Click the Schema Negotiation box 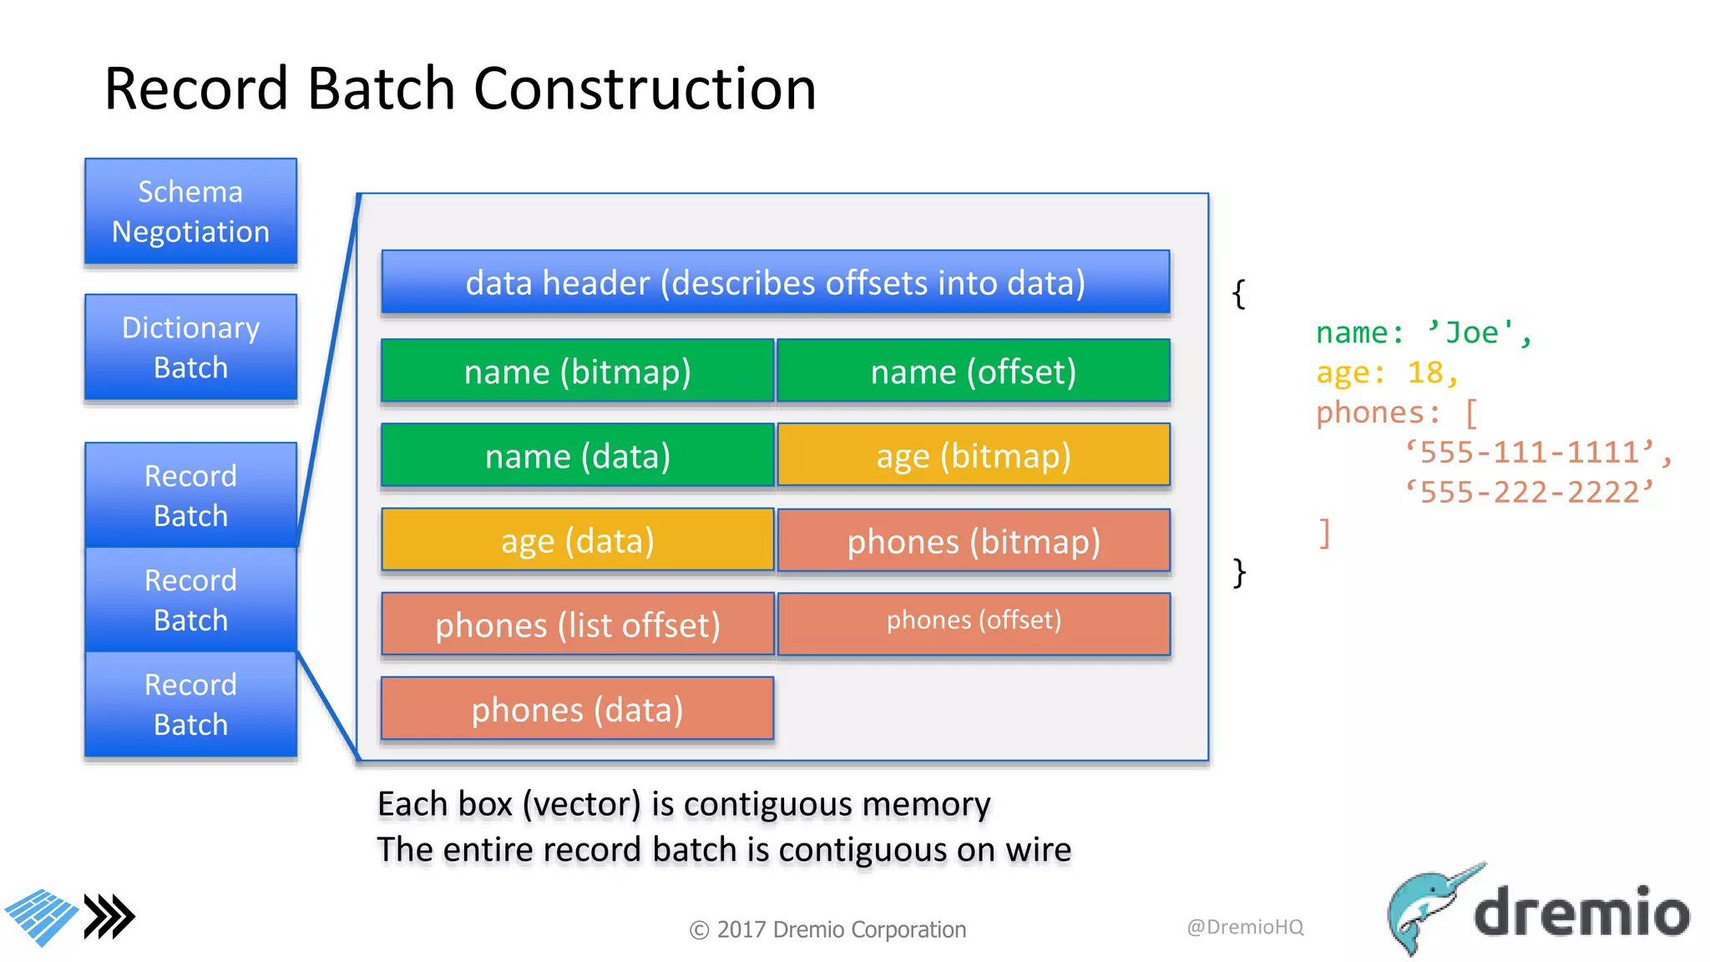(190, 211)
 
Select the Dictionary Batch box (190, 347)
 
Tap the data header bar (775, 282)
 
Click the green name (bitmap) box (577, 371)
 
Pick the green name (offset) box (974, 371)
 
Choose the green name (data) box (577, 455)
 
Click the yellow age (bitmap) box (974, 455)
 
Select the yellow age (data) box (577, 540)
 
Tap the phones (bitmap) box (974, 540)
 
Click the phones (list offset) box (577, 625)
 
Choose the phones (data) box (577, 709)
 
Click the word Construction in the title (645, 89)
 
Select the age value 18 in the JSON (1425, 372)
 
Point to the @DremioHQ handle (1245, 926)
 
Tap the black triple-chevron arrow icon (109, 917)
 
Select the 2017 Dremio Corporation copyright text (827, 929)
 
